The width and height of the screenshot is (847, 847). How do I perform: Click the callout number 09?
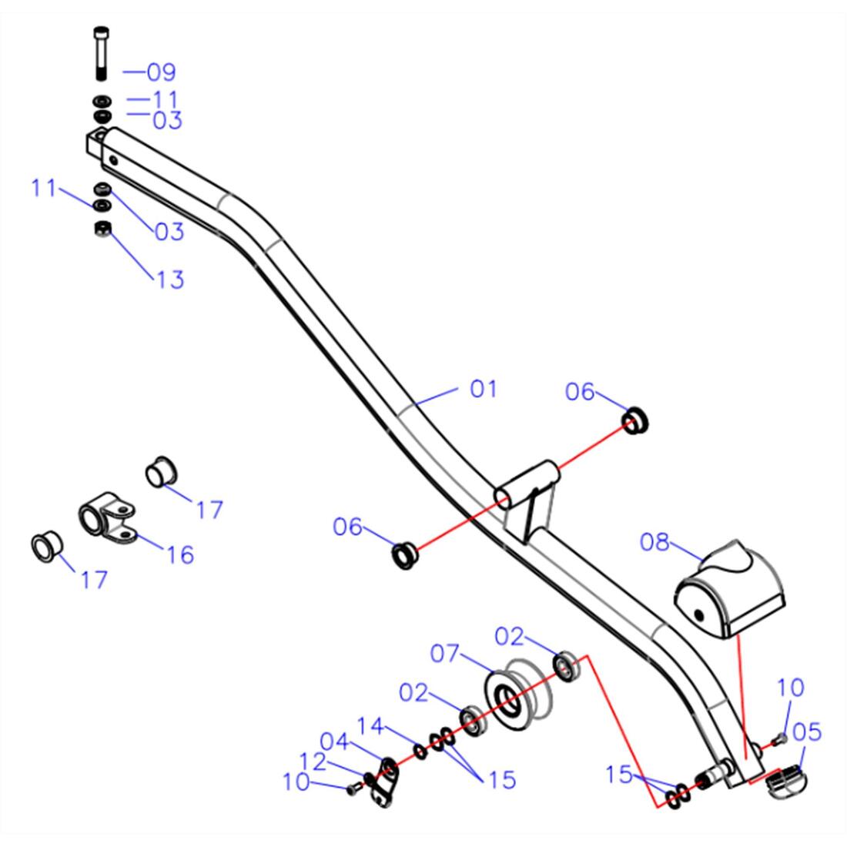pyautogui.click(x=162, y=72)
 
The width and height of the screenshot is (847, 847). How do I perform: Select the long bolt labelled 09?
pyautogui.click(x=101, y=53)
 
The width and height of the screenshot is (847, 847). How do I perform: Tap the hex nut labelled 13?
pyautogui.click(x=102, y=229)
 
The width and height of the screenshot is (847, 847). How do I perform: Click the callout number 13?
pyautogui.click(x=170, y=280)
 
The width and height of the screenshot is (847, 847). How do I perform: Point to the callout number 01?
pyautogui.click(x=484, y=388)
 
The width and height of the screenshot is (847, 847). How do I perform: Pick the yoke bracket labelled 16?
pyautogui.click(x=107, y=517)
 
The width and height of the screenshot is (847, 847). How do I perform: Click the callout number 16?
pyautogui.click(x=180, y=554)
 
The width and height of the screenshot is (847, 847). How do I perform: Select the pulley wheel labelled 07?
pyautogui.click(x=518, y=694)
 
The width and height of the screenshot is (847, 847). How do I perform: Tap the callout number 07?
pyautogui.click(x=444, y=654)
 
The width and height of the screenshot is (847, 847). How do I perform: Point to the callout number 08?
pyautogui.click(x=654, y=542)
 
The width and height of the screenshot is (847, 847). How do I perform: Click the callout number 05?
pyautogui.click(x=807, y=732)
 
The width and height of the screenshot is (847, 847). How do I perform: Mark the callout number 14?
pyautogui.click(x=370, y=726)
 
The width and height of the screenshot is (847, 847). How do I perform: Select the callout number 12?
pyautogui.click(x=312, y=762)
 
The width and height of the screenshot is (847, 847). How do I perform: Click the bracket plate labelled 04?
pyautogui.click(x=384, y=782)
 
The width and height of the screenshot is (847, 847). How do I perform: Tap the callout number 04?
pyautogui.click(x=334, y=741)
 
